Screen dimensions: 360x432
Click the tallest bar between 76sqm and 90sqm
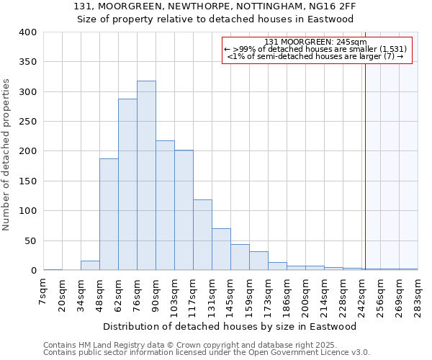(146, 176)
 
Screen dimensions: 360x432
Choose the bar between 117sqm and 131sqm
(202, 235)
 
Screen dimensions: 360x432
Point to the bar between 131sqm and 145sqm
(221, 249)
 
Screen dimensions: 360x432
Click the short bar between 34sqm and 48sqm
(90, 266)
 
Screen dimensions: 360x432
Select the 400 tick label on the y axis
(27, 32)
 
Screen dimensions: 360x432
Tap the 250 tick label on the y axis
(27, 122)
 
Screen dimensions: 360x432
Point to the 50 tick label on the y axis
(30, 240)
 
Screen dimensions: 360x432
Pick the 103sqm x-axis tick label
(175, 293)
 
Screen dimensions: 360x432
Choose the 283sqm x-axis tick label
(418, 293)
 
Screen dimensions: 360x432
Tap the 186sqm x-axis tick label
(287, 293)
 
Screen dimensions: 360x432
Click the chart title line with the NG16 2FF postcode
(215, 6)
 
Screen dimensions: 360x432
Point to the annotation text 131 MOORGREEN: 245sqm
(315, 42)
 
